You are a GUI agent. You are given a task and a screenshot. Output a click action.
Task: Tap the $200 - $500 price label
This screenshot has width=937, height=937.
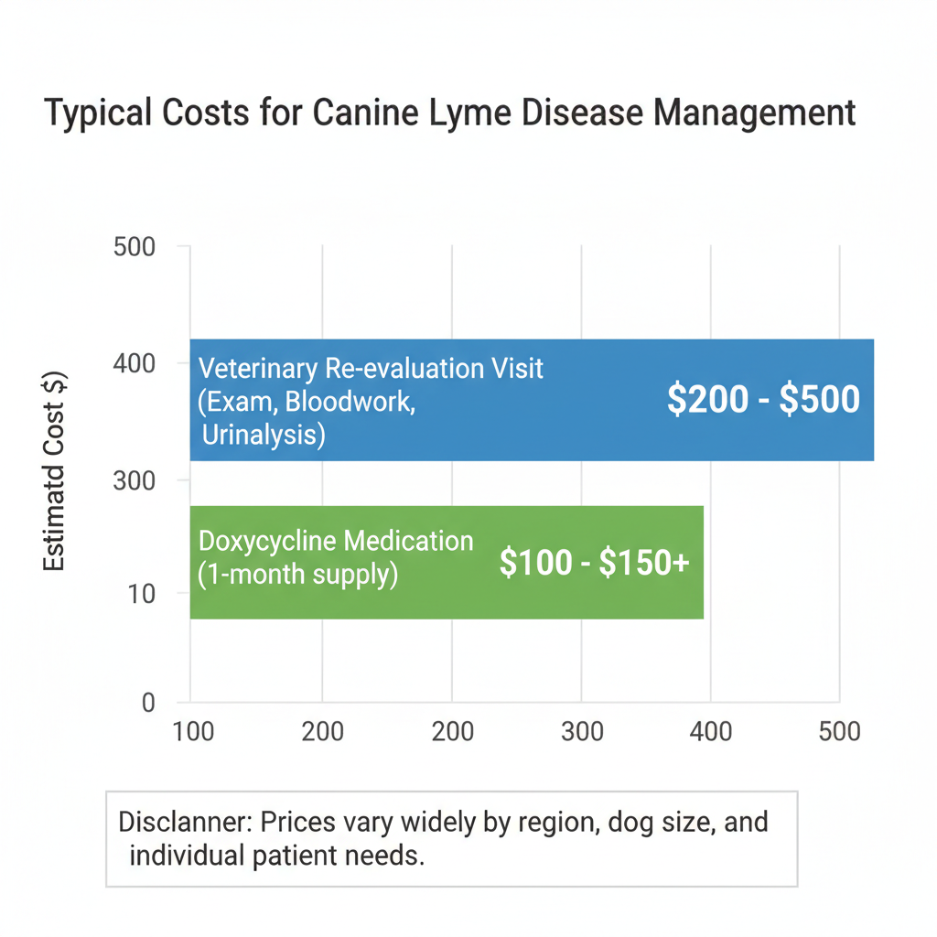click(x=763, y=400)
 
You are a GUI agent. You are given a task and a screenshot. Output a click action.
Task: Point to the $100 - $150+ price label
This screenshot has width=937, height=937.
click(x=594, y=562)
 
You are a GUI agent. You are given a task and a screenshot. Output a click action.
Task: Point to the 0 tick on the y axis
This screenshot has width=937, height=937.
click(x=148, y=703)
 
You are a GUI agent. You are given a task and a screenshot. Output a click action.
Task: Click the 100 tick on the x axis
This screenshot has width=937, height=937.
click(x=192, y=731)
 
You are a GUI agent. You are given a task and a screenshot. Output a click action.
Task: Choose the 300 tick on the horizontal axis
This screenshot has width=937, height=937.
click(x=582, y=731)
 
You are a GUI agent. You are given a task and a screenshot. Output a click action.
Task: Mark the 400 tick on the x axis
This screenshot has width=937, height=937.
click(x=711, y=731)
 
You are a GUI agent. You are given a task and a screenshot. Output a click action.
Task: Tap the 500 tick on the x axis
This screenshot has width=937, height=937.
click(x=840, y=731)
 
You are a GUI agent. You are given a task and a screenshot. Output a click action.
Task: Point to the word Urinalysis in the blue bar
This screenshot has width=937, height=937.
click(x=264, y=435)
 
